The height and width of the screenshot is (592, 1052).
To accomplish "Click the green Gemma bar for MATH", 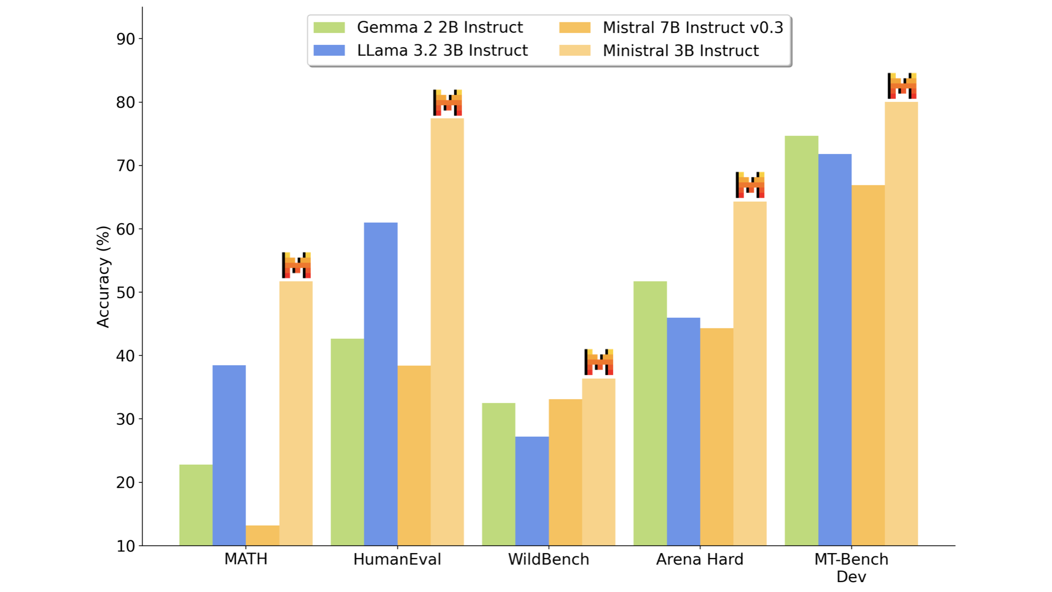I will pyautogui.click(x=196, y=505).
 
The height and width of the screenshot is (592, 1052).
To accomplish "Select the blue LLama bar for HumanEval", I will pyautogui.click(x=381, y=384).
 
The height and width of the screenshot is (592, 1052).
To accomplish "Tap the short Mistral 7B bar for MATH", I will pyautogui.click(x=262, y=536).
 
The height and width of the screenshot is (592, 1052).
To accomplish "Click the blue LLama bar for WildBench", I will pyautogui.click(x=532, y=491).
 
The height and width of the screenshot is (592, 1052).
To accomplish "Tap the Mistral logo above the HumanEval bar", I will pyautogui.click(x=447, y=103).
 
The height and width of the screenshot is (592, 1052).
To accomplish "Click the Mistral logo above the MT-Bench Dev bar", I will pyautogui.click(x=902, y=86).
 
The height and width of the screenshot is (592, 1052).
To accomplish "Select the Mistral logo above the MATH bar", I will pyautogui.click(x=296, y=265).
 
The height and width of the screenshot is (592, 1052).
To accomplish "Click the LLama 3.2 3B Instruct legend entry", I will pyautogui.click(x=420, y=50).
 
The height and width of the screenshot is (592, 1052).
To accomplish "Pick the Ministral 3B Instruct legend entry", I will pyautogui.click(x=659, y=50).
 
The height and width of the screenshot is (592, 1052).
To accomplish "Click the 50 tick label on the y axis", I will pyautogui.click(x=125, y=292).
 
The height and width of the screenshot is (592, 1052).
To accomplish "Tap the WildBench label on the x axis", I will pyautogui.click(x=548, y=559).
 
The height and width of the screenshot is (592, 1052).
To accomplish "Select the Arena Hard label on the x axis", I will pyautogui.click(x=700, y=559).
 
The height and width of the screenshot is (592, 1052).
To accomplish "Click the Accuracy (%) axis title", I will pyautogui.click(x=103, y=276).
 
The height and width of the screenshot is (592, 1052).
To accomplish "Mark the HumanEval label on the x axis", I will pyautogui.click(x=397, y=559).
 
